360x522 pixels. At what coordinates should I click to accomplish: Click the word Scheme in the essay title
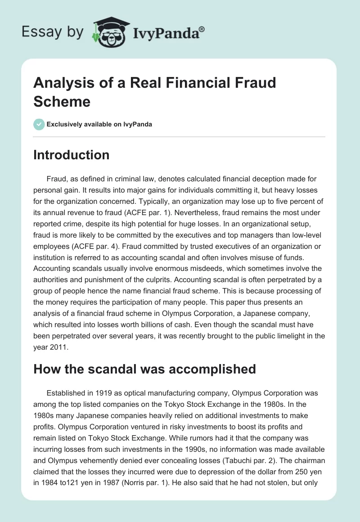pyautogui.click(x=62, y=101)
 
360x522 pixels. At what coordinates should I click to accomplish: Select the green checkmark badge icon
pyautogui.click(x=39, y=124)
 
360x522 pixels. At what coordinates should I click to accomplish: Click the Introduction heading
pyautogui.click(x=72, y=155)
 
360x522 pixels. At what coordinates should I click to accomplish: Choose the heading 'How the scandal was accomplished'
pyautogui.click(x=144, y=369)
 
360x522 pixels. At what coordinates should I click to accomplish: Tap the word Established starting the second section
pyautogui.click(x=66, y=393)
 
